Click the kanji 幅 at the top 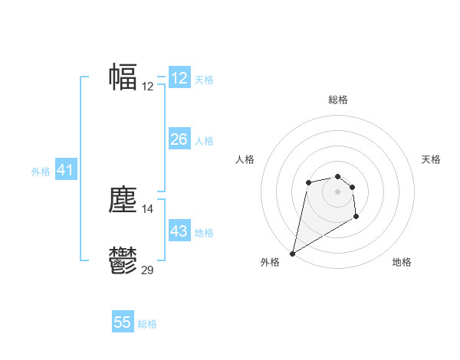click(123, 77)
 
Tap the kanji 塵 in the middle click(123, 200)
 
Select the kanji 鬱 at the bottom click(123, 260)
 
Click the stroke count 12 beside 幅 click(148, 87)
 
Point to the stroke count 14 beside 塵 click(148, 208)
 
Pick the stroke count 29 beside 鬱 click(148, 270)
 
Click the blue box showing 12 click(179, 78)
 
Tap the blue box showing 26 click(179, 139)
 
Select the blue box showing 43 click(179, 231)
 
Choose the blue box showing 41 click(65, 171)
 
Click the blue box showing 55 click(123, 322)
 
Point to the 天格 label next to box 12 click(204, 80)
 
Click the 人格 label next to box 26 click(204, 141)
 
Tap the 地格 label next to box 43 click(204, 233)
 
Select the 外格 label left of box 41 click(41, 172)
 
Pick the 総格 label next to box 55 click(147, 324)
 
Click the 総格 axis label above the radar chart click(338, 100)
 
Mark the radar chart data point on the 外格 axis click(292, 253)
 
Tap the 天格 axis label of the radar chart click(432, 159)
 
